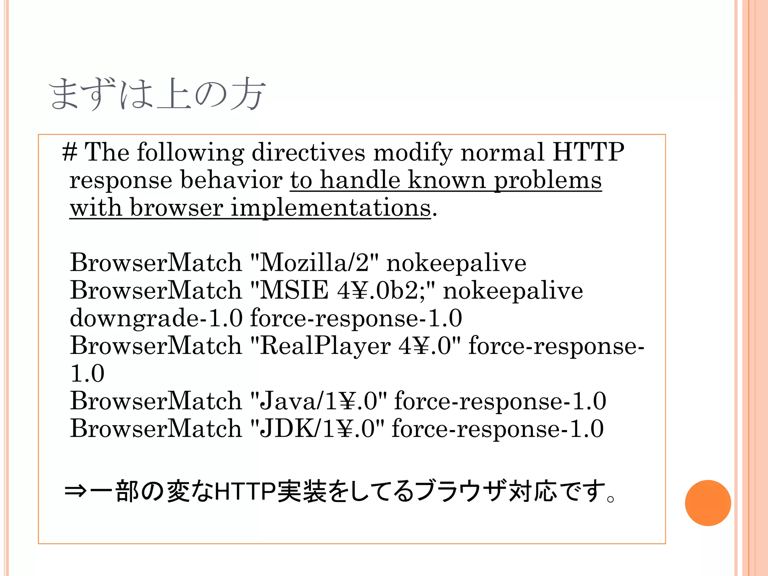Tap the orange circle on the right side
(708, 503)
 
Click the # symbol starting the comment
(70, 152)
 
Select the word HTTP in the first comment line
(588, 152)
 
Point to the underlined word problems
(547, 181)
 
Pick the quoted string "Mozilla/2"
(314, 262)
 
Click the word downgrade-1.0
(156, 318)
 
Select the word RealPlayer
(325, 346)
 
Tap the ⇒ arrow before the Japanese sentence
(76, 491)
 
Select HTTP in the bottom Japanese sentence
(245, 491)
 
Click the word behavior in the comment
(231, 181)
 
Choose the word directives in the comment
(308, 152)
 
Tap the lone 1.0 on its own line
(87, 373)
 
